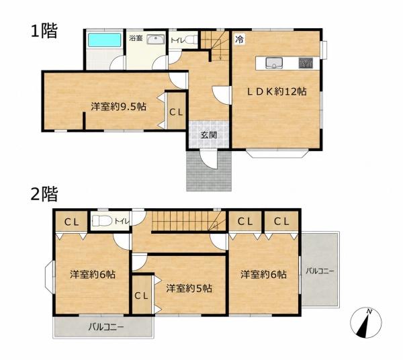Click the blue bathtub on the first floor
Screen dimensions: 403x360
click(105, 40)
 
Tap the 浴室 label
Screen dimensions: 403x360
click(136, 38)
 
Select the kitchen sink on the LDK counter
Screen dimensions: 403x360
click(274, 63)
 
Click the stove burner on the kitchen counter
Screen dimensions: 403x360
click(306, 63)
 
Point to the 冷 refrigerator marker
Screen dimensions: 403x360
click(239, 40)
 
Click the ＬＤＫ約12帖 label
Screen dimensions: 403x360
click(277, 91)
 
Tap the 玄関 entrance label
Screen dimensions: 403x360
click(209, 135)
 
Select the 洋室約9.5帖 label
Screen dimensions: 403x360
click(118, 106)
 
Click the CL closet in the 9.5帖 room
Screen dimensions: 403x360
click(176, 112)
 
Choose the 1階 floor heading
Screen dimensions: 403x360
click(44, 31)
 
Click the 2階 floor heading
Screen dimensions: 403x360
click(44, 193)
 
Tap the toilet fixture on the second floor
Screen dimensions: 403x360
click(102, 221)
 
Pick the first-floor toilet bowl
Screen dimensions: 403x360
click(191, 40)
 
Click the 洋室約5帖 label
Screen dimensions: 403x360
click(189, 288)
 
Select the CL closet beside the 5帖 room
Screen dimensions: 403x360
click(142, 296)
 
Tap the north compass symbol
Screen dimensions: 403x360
click(366, 322)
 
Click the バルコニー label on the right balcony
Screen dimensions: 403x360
click(320, 271)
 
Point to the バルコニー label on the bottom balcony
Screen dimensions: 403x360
click(106, 327)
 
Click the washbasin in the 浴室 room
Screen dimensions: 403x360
click(155, 40)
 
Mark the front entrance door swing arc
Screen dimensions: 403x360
click(209, 163)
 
